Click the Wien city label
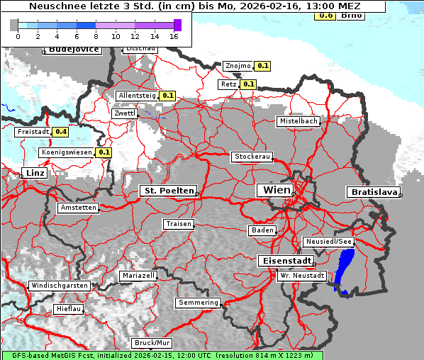pos(277,190)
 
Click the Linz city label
pos(34,173)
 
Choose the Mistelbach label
pos(298,121)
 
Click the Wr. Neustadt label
pos(302,276)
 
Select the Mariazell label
pos(138,275)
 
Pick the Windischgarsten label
pos(59,286)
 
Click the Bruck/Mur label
pos(152,342)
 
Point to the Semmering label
pos(199,303)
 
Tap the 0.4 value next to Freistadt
pos(61,132)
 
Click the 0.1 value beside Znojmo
pos(263,66)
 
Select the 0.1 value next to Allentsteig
pos(168,95)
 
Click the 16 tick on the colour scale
pos(174,35)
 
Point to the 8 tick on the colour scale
pos(96,35)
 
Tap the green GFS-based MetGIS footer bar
pos(162,355)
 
